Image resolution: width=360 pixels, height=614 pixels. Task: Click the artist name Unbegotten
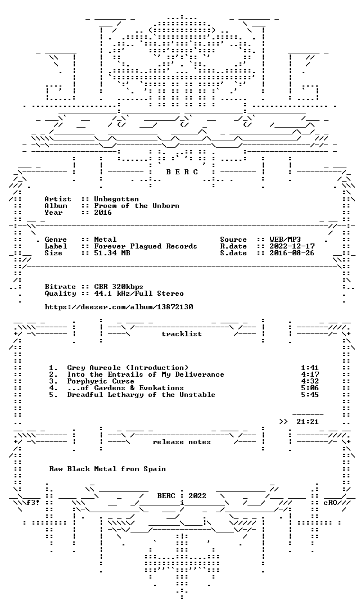click(x=116, y=199)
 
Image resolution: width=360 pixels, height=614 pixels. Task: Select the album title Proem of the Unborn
click(x=137, y=206)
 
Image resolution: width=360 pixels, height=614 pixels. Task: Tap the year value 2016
click(x=103, y=213)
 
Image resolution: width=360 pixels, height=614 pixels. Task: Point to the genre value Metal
click(x=105, y=240)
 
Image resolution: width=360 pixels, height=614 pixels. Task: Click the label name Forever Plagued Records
click(x=146, y=246)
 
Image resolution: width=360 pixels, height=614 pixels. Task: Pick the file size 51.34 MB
click(x=112, y=253)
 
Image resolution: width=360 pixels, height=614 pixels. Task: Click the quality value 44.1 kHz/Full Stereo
click(x=139, y=294)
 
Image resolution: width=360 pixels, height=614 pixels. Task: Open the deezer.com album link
click(x=119, y=307)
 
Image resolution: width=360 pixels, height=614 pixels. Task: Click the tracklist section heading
click(x=182, y=334)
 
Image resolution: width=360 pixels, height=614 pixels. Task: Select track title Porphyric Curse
click(x=101, y=381)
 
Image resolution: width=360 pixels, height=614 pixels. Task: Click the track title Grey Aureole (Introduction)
click(x=128, y=368)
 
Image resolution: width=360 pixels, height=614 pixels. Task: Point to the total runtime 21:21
click(x=308, y=422)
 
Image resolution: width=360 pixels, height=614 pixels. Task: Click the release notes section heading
click(x=182, y=442)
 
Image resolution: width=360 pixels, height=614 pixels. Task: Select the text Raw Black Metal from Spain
click(x=107, y=469)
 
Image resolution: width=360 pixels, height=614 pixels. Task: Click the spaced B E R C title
click(x=182, y=172)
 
